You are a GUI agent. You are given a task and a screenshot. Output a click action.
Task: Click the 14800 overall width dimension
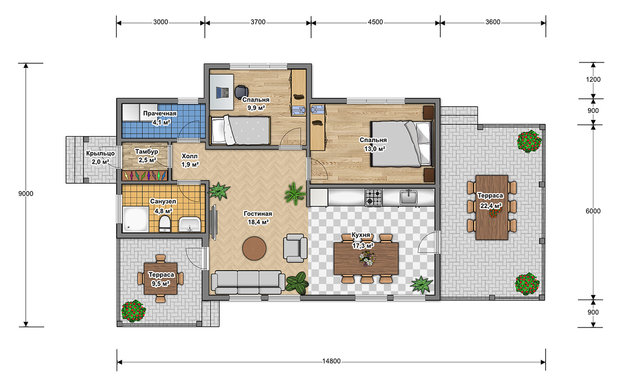(x=331, y=361)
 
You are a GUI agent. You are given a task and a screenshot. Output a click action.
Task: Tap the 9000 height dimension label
(x=26, y=194)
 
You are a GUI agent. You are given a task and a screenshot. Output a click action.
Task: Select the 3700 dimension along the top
(x=258, y=22)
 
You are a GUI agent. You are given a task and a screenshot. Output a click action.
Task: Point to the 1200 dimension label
(x=593, y=79)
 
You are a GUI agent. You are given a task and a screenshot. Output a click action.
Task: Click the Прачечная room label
(x=160, y=114)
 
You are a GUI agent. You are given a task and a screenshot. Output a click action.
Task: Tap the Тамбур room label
(x=146, y=152)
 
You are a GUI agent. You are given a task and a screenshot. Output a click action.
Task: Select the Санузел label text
(x=163, y=201)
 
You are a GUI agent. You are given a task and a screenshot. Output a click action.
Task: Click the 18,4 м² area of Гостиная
(x=258, y=222)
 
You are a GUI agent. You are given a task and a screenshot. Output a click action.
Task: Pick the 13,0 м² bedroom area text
(x=374, y=149)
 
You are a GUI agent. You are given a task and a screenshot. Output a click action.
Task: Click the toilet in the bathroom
(x=165, y=224)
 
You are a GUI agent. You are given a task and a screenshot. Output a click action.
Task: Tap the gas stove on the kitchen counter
(x=373, y=197)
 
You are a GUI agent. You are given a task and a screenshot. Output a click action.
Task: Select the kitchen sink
(x=409, y=197)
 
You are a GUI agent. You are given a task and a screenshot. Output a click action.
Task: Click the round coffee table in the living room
(x=254, y=248)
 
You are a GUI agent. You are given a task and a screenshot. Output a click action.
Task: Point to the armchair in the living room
(x=295, y=248)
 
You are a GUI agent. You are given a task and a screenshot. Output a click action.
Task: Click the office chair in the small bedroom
(x=241, y=92)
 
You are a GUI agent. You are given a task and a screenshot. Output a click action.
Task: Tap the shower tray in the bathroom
(x=136, y=219)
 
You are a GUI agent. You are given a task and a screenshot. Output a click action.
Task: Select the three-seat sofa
(x=248, y=282)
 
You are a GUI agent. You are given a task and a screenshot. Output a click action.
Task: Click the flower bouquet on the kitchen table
(x=367, y=258)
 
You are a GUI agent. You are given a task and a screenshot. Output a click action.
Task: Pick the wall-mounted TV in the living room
(x=214, y=223)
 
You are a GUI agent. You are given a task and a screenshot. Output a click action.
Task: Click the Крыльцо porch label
(x=100, y=153)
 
